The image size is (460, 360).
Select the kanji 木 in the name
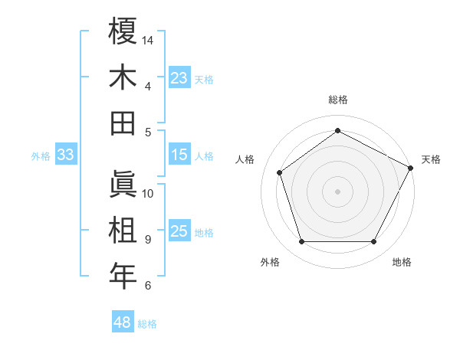[123, 77]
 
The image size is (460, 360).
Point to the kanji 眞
[123, 185]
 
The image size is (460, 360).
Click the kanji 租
[123, 231]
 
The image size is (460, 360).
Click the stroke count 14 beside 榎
[148, 40]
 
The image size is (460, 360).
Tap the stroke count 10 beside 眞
[148, 193]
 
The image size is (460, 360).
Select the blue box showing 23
[179, 77]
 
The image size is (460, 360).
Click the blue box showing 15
[179, 155]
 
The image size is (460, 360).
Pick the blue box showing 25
[179, 231]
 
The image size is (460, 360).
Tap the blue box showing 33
[65, 155]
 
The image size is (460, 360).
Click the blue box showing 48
[122, 322]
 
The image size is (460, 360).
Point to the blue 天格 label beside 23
[204, 79]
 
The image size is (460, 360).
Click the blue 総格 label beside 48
[147, 324]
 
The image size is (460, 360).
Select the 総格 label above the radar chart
[337, 100]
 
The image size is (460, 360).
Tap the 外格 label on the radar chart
[270, 262]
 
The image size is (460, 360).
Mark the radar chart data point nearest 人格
[280, 172]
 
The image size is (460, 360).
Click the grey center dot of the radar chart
[337, 191]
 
